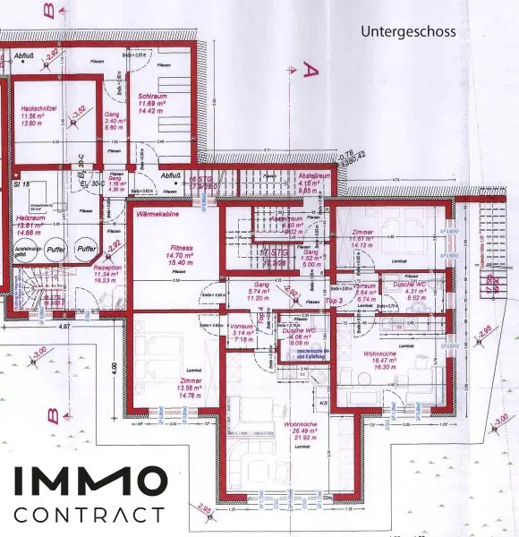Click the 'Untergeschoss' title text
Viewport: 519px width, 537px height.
408,31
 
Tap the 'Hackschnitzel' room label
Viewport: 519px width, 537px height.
38,108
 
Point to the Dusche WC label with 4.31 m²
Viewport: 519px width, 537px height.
409,284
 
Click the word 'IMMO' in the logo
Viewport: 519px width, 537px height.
89,482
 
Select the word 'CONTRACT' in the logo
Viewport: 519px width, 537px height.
89,515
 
